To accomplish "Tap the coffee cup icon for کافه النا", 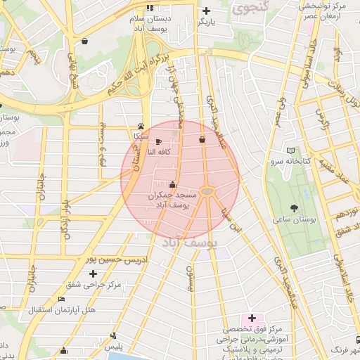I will pyautogui.click(x=158, y=141).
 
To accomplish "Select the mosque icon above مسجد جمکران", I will pyautogui.click(x=173, y=184).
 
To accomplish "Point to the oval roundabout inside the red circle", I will pyautogui.click(x=207, y=191).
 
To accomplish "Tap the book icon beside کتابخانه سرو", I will pyautogui.click(x=291, y=150).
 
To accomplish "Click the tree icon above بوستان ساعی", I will pyautogui.click(x=294, y=207).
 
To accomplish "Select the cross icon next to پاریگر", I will pyautogui.click(x=206, y=11).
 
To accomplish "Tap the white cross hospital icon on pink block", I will pyautogui.click(x=252, y=319).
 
